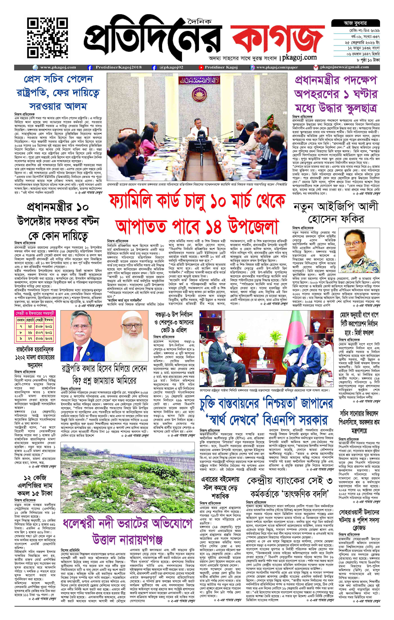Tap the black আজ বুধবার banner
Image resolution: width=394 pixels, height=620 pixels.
(355, 23)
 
